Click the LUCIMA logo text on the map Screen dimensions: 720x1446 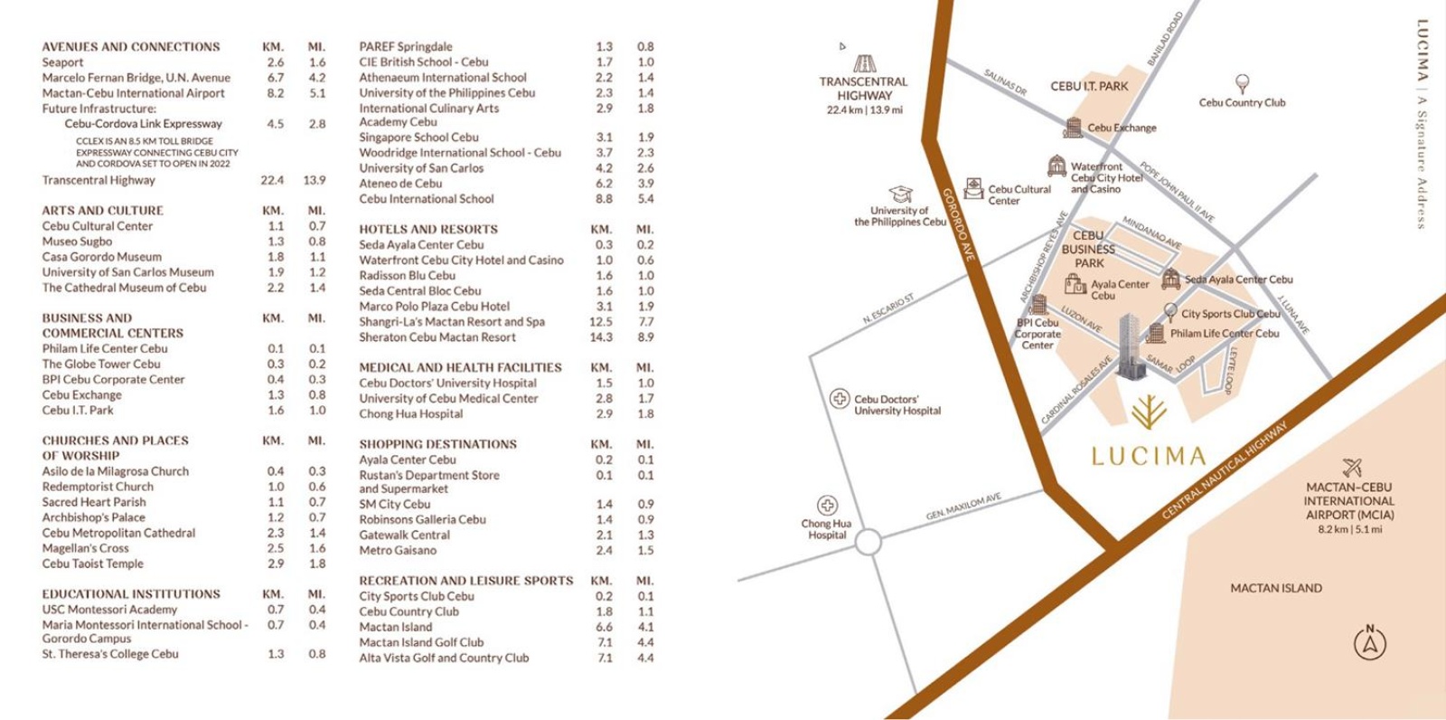pos(1149,455)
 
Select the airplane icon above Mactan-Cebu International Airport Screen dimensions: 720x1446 pos(1352,467)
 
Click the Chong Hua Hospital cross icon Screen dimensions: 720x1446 pos(827,506)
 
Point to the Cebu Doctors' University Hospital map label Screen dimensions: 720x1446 pos(897,404)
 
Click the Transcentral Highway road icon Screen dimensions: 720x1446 pos(865,63)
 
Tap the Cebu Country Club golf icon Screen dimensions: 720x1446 pos(1243,84)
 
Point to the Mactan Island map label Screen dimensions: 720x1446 pos(1275,588)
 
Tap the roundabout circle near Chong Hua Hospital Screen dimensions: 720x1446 pos(868,543)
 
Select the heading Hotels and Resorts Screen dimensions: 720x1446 pos(428,230)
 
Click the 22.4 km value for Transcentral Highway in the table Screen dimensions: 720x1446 pos(272,180)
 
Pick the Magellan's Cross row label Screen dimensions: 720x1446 pos(86,548)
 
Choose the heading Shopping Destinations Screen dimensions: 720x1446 pos(438,444)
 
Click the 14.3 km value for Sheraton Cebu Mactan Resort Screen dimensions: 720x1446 pos(601,336)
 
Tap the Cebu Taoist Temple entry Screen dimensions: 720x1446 pos(93,564)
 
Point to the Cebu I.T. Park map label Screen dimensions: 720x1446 pos(1089,86)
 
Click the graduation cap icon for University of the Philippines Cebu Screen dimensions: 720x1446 pos(900,194)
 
